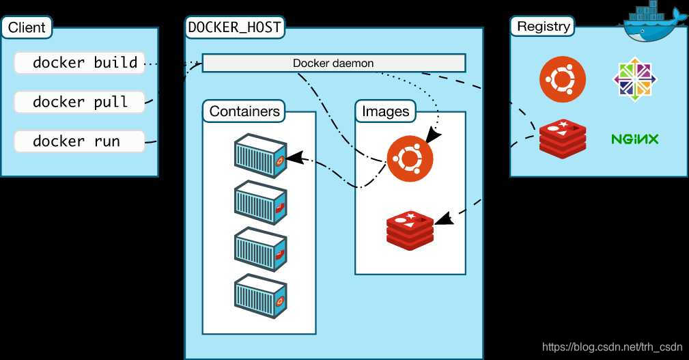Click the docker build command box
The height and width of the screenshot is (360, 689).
point(80,63)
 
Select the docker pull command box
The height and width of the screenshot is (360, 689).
point(80,102)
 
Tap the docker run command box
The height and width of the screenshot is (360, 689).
point(80,141)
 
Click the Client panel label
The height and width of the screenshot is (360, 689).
point(27,28)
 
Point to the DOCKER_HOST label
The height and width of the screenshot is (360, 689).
point(234,28)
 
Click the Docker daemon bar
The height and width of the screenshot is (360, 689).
point(333,64)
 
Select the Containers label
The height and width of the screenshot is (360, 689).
point(244,111)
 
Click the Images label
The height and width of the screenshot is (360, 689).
point(385,111)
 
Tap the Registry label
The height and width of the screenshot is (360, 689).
point(543,27)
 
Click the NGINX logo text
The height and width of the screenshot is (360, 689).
point(634,139)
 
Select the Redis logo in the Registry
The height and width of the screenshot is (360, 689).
point(563,139)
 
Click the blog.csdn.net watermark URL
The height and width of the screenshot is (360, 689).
point(613,347)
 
